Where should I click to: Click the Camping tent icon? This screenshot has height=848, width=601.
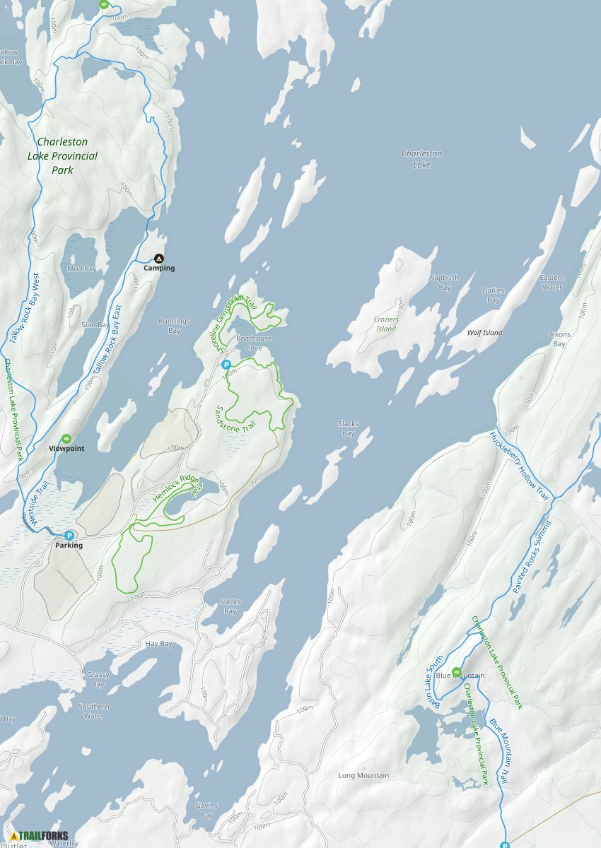159,259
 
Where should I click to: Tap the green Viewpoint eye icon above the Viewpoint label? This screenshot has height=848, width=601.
66,439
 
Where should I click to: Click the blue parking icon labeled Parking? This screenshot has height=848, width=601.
69,536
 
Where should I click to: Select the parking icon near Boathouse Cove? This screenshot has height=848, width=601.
226,365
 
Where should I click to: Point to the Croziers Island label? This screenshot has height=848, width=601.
385,324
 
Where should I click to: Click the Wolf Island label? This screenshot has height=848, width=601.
484,333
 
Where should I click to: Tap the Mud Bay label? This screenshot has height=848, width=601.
81,269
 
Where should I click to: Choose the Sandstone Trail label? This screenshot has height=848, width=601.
235,419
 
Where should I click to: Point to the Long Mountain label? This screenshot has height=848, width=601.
363,776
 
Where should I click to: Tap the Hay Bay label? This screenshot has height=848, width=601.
158,644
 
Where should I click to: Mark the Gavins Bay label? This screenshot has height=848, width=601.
206,810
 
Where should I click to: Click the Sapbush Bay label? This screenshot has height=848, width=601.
445,283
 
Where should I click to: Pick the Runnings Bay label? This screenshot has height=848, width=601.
174,326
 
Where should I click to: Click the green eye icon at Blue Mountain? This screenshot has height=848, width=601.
457,671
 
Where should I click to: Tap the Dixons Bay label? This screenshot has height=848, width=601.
559,339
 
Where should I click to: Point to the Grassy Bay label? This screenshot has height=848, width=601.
98,679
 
